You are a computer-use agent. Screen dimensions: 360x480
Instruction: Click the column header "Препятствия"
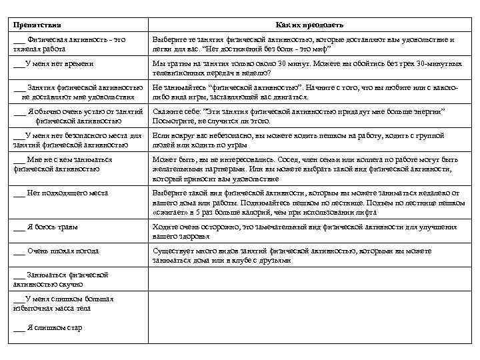pos(37,25)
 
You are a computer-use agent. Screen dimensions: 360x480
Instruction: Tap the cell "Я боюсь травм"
pos(53,227)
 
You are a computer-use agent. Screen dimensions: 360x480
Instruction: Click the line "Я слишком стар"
pos(54,328)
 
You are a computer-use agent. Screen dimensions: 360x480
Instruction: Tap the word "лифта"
pos(366,213)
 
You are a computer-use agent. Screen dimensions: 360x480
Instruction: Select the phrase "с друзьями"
pos(275,261)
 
